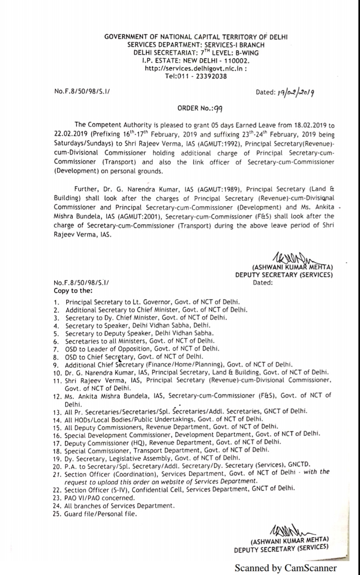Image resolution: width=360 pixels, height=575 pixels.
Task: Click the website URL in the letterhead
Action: (195, 68)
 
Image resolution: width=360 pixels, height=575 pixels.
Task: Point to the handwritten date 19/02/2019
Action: (295, 92)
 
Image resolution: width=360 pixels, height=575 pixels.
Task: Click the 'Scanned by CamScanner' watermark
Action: (286, 568)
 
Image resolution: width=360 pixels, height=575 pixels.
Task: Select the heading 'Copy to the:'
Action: (73, 291)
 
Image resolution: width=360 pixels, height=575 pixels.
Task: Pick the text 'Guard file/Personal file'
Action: (100, 514)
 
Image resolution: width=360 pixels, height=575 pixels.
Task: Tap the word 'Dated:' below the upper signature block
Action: (263, 282)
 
